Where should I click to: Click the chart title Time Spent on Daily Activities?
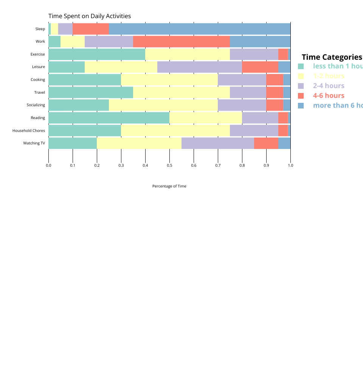point(90,16)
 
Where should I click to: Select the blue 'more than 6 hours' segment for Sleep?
point(200,29)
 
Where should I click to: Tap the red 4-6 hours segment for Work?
point(181,42)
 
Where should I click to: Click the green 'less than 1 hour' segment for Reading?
point(109,118)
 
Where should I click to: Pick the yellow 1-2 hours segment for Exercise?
point(188,54)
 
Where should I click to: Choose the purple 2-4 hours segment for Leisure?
point(200,67)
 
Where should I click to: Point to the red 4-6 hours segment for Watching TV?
point(266,143)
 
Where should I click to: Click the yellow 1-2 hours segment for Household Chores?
point(175,130)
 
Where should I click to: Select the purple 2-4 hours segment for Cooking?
point(242,80)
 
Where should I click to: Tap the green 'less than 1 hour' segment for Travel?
point(91,93)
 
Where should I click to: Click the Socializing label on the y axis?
point(36,105)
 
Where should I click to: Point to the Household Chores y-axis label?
point(28,131)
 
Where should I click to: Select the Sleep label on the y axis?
point(40,29)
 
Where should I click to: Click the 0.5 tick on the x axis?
point(169,165)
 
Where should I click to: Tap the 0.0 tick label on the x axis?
point(48,165)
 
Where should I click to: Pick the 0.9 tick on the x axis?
point(266,165)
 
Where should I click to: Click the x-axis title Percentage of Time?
point(169,186)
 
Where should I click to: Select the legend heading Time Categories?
point(332,57)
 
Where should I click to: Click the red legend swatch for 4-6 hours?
point(301,96)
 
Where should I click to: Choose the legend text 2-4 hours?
point(329,86)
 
